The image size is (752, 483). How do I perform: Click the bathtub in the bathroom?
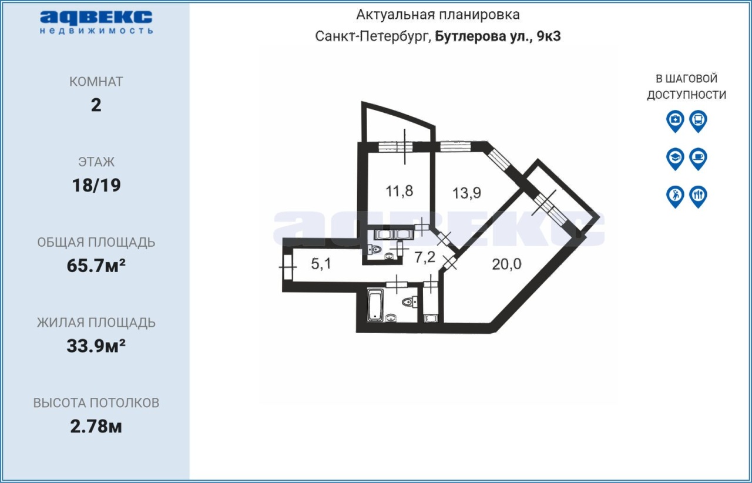point(375,305)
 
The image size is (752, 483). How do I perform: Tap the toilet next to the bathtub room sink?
point(409,302)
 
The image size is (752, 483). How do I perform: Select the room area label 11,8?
point(399,191)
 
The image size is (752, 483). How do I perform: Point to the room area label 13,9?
point(466,193)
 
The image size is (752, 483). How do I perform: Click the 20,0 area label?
point(506,264)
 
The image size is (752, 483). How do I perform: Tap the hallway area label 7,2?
point(425,257)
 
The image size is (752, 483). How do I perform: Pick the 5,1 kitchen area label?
point(321,264)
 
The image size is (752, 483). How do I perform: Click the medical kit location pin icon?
point(675,121)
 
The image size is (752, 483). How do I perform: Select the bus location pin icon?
point(699,121)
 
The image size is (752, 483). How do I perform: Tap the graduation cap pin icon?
point(675,159)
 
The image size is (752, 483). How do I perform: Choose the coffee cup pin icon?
point(699,159)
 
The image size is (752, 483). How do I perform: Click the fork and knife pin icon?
point(699,197)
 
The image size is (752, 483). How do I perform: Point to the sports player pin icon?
point(675,197)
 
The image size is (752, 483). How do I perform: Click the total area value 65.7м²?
point(96,266)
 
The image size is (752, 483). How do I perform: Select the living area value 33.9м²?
point(96,346)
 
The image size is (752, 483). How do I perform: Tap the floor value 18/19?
point(96,185)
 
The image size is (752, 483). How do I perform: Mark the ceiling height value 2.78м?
point(96,426)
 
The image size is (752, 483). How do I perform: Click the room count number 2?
point(96,105)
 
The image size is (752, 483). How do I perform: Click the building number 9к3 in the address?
point(549,36)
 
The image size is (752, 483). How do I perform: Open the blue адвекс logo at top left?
point(96,22)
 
